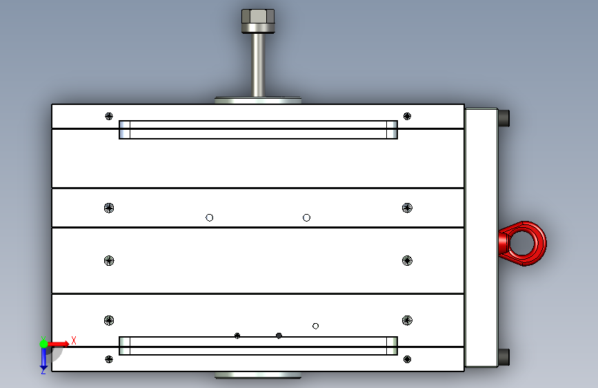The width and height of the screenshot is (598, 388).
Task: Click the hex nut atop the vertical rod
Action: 258,21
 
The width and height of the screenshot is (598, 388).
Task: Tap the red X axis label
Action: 74,340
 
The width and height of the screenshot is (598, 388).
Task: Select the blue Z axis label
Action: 43,371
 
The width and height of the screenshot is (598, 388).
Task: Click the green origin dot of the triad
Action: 43,344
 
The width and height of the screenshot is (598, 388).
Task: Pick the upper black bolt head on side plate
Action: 504,118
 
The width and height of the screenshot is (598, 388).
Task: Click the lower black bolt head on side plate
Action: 504,357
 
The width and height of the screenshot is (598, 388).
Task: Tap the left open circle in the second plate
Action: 210,217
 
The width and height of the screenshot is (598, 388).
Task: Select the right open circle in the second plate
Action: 307,217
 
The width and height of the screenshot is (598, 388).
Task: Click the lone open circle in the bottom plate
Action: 315,326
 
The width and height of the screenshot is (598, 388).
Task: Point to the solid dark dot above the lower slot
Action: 279,336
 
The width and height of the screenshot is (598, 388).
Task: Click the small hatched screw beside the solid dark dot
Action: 237,336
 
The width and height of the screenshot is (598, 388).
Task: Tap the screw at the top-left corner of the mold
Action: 109,116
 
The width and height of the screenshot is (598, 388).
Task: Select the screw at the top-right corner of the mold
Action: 408,116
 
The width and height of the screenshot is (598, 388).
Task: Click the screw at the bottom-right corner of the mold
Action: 408,360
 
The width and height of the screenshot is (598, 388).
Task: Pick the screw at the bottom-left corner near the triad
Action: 109,360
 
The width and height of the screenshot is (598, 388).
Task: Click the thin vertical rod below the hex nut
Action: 258,65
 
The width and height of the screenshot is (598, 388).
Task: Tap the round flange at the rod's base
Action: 258,100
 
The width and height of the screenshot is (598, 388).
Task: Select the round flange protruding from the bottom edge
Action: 258,375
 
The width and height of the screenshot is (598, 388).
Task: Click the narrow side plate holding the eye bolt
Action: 481,237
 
